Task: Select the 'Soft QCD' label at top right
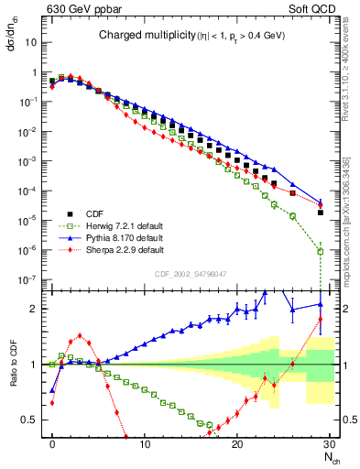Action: tap(312, 10)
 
